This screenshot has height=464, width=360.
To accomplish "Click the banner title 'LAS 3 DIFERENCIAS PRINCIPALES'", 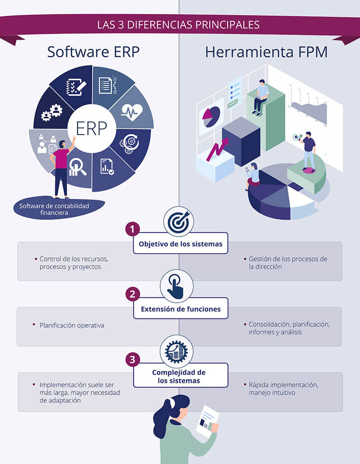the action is tap(178, 25).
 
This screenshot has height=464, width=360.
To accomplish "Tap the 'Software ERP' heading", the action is tap(94, 52).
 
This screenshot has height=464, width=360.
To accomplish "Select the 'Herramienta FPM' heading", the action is tap(266, 52).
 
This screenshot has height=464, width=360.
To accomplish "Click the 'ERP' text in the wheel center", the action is tap(91, 128).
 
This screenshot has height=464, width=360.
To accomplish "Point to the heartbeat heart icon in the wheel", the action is tap(132, 112).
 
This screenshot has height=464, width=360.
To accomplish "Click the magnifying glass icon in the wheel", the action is tap(77, 166).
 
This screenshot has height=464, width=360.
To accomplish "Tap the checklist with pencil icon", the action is tap(76, 87).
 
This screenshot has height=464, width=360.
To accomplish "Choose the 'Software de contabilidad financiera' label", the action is tap(54, 209).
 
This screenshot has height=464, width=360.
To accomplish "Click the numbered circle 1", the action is tap(132, 229).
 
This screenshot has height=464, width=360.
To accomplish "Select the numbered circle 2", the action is tap(132, 294).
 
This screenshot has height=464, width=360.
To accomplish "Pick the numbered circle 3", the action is tap(132, 359).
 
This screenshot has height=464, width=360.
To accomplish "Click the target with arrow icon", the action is tap(179, 222).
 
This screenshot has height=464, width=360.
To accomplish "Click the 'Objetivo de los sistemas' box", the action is tap(180, 243).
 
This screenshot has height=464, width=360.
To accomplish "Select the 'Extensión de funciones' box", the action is tap(180, 308).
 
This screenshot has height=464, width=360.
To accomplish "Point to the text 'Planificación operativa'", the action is tap(72, 325).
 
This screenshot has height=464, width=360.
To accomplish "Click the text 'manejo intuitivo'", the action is tap(272, 393).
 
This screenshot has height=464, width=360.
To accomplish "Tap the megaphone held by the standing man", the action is tap(297, 137).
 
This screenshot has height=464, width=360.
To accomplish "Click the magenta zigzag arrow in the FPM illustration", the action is tap(217, 149).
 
